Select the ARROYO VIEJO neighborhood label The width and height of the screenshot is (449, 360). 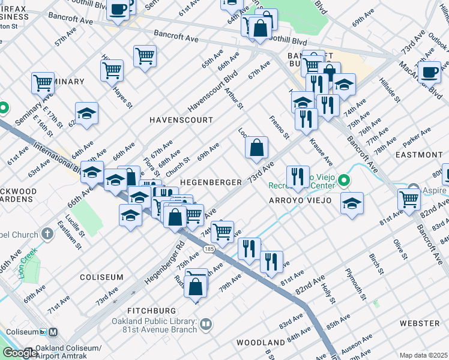coord(300,200)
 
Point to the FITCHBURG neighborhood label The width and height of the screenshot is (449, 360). coord(152,310)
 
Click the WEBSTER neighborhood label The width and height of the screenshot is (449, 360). coord(420,323)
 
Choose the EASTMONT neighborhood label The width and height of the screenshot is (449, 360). coord(420,155)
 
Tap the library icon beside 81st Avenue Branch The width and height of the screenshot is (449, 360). coord(206,325)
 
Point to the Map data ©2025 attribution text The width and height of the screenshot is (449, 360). coord(423,355)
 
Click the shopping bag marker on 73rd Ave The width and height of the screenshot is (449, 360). coord(256,148)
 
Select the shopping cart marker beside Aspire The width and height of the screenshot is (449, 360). coord(409,199)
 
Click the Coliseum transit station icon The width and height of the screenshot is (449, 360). coord(53,332)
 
